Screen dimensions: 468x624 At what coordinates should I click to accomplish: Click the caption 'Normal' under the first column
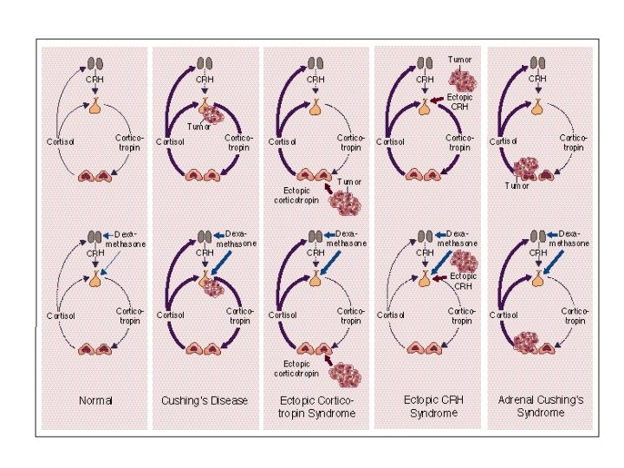click(95, 400)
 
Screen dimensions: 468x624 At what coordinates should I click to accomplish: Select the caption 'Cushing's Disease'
click(205, 400)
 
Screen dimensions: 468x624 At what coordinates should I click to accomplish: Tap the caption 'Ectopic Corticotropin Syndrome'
click(316, 406)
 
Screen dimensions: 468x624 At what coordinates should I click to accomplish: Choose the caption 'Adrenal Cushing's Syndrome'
click(541, 406)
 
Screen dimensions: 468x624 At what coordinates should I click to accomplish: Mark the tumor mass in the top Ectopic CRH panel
click(460, 79)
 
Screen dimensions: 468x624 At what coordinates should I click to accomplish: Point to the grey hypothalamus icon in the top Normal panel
click(95, 64)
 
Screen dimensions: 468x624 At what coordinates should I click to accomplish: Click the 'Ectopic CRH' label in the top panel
click(460, 102)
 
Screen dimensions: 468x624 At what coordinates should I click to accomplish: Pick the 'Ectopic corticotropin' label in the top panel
click(297, 195)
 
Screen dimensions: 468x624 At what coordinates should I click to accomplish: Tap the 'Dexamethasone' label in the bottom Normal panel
click(126, 239)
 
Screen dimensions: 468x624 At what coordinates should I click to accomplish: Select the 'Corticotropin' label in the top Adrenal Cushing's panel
click(573, 142)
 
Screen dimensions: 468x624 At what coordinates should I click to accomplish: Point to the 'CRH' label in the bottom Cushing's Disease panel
click(205, 253)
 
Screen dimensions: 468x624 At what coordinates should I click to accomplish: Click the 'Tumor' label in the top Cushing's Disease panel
click(199, 127)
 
